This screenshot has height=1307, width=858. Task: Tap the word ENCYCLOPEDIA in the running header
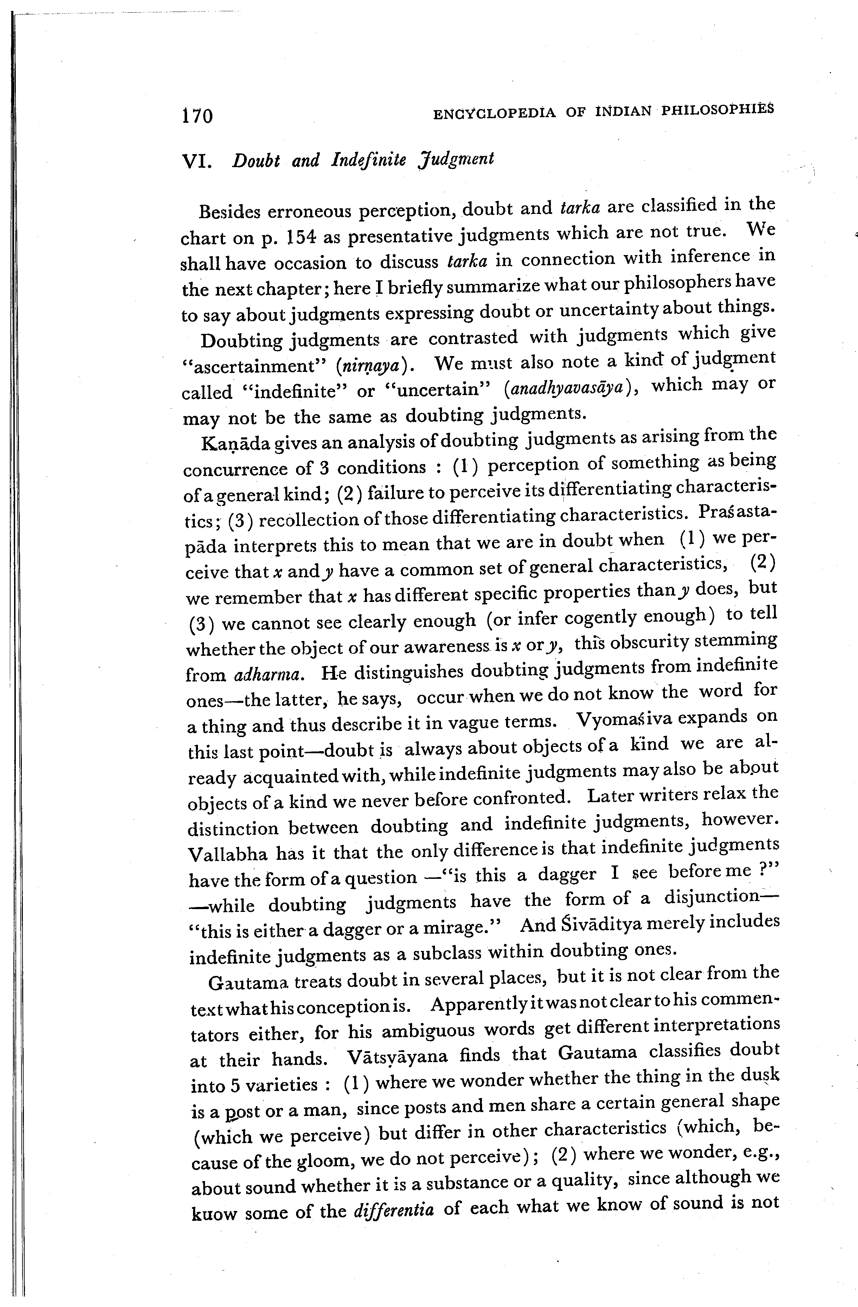pyautogui.click(x=494, y=113)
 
